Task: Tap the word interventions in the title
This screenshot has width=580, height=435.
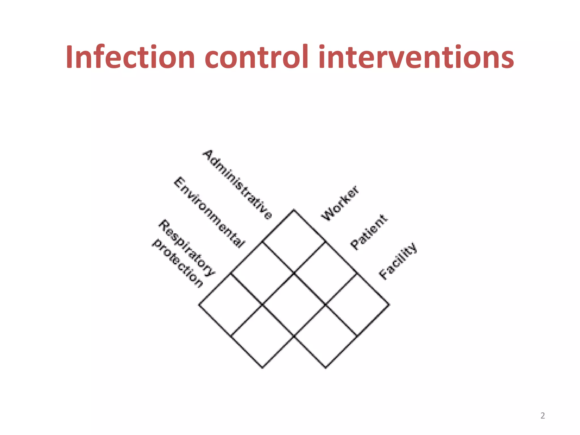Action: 416,57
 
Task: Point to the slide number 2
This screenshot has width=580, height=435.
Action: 542,415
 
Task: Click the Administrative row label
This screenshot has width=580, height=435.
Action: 237,184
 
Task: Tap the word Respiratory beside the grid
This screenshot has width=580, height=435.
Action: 187,248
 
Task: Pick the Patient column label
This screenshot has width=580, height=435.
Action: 368,232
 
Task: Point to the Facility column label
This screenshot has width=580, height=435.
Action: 398,261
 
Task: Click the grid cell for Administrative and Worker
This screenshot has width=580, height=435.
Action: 294,242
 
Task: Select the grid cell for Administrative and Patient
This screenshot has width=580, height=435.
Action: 325,273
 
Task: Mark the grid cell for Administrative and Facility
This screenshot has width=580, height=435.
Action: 357,305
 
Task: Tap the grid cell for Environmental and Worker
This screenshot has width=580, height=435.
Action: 262,273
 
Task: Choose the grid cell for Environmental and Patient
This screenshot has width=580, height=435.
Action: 294,305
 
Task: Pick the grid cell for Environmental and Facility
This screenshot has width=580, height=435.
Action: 326,336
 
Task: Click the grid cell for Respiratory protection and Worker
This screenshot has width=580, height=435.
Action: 231,305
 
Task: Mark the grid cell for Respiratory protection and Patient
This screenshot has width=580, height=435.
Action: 262,336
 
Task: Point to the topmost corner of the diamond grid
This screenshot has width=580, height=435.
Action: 294,210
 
